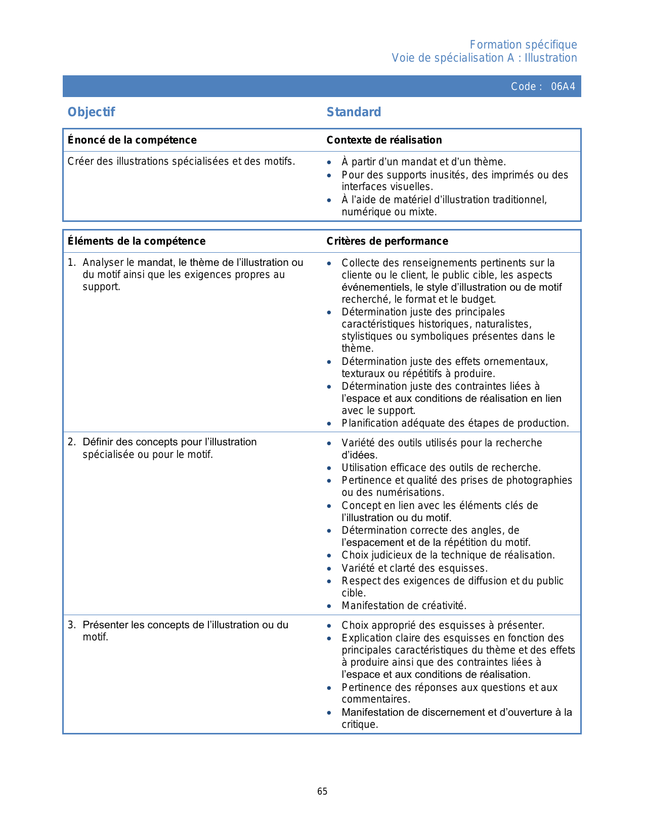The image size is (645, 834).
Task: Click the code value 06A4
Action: click(563, 86)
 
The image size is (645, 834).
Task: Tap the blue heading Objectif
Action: click(91, 112)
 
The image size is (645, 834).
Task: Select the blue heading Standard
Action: click(354, 112)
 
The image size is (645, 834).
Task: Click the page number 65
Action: click(322, 792)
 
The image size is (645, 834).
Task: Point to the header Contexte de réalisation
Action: click(384, 140)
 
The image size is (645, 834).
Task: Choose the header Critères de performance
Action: click(387, 241)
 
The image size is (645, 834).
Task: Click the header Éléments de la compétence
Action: click(137, 241)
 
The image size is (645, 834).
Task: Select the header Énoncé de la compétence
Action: click(132, 140)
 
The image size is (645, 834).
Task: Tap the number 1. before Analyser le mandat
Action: click(71, 262)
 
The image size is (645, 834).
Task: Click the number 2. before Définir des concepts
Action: click(71, 442)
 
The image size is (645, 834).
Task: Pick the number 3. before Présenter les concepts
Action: click(71, 625)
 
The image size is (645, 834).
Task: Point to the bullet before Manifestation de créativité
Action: click(329, 606)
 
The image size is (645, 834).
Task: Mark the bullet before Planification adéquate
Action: click(329, 424)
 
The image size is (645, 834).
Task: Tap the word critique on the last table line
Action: click(359, 724)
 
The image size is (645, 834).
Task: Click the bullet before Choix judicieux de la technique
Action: click(329, 555)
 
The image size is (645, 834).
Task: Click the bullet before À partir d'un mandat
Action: click(329, 162)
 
